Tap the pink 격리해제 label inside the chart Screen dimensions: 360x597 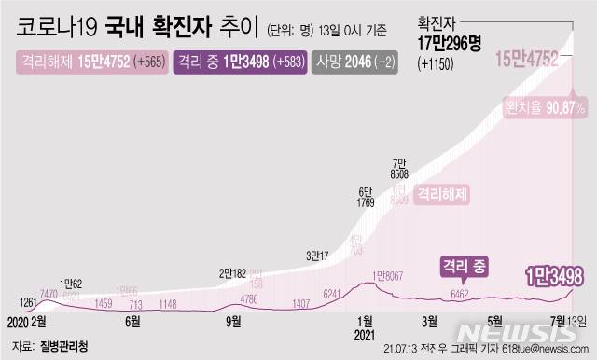(441, 195)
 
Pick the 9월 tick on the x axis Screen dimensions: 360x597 (234, 322)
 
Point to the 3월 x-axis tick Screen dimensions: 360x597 (430, 322)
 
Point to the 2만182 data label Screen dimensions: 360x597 (233, 273)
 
